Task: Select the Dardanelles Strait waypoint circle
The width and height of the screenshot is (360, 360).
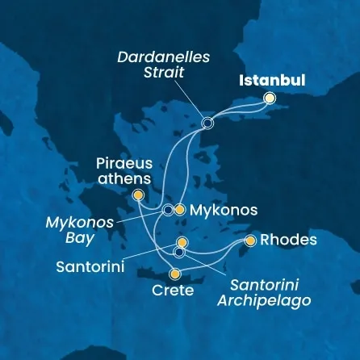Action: pyautogui.click(x=207, y=123)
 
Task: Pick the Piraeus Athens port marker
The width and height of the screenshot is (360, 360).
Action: pyautogui.click(x=138, y=195)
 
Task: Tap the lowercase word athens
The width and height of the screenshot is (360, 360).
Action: pyautogui.click(x=120, y=178)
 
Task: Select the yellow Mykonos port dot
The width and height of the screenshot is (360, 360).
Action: pyautogui.click(x=180, y=209)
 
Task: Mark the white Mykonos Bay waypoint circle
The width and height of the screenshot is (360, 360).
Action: pyautogui.click(x=167, y=210)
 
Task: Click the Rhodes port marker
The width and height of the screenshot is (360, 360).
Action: pyautogui.click(x=250, y=241)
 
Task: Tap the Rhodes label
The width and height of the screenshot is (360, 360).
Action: pyautogui.click(x=287, y=241)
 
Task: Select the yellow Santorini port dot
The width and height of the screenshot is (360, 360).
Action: pyautogui.click(x=182, y=241)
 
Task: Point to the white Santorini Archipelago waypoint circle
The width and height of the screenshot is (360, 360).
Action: pyautogui.click(x=179, y=252)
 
